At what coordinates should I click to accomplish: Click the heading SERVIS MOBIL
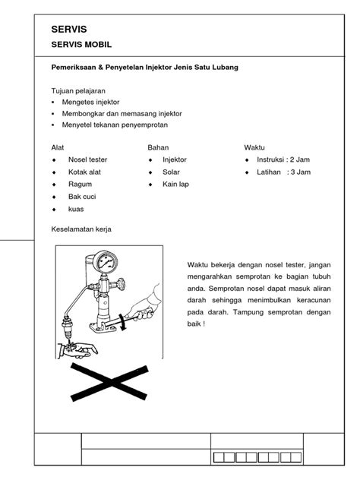[81, 45]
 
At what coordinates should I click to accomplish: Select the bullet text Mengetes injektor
[90, 102]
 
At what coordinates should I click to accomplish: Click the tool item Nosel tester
[88, 159]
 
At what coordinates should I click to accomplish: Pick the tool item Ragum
[80, 185]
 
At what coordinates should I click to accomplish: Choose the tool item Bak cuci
[82, 197]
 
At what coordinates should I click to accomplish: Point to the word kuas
[76, 209]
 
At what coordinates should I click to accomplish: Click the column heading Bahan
[158, 147]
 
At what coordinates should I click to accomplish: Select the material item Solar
[171, 172]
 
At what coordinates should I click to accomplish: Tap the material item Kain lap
[175, 185]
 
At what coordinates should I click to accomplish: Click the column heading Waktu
[254, 147]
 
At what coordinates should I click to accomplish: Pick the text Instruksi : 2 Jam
[283, 159]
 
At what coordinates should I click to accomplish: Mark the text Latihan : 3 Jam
[283, 172]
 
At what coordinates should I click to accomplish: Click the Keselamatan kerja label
[81, 229]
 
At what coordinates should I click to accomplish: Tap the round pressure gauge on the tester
[105, 262]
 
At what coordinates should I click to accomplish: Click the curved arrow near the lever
[123, 322]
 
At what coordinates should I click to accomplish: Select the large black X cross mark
[109, 382]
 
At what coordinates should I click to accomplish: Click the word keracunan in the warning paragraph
[314, 300]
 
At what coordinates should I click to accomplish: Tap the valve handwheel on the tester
[120, 284]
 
